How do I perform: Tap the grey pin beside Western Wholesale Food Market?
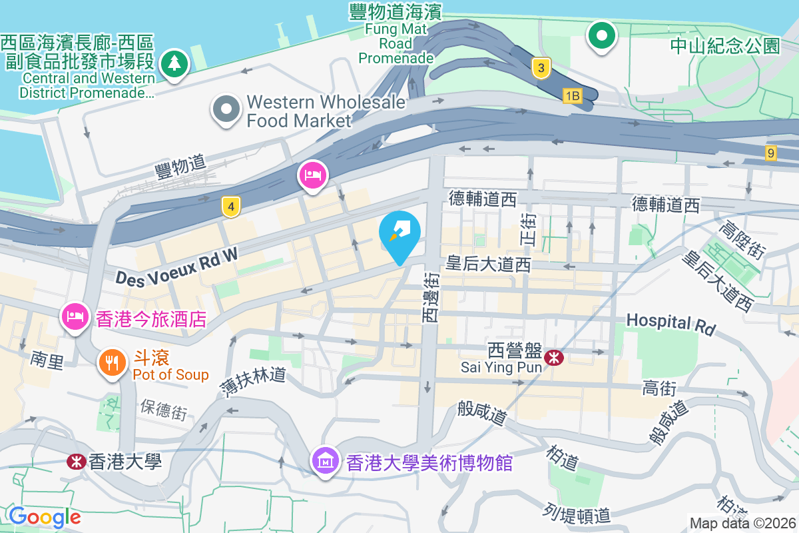(x=226, y=109)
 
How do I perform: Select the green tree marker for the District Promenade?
(x=174, y=64)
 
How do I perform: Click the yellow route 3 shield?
(x=541, y=67)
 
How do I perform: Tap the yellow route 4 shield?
(x=230, y=207)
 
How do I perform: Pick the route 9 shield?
(x=771, y=153)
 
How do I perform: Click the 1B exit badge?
(x=572, y=97)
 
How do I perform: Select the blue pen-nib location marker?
(x=400, y=233)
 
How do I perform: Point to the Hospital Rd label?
(x=670, y=324)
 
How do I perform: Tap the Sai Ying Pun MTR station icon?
(x=553, y=358)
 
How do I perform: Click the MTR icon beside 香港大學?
(x=77, y=461)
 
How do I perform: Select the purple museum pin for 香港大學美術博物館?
(x=326, y=460)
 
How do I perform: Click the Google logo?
(x=45, y=516)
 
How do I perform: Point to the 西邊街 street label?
(x=431, y=297)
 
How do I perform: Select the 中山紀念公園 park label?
(x=724, y=45)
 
